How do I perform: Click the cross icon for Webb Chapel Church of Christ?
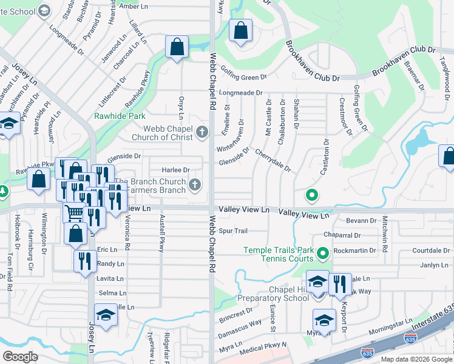tap(202, 132)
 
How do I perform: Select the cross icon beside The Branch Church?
tap(194, 184)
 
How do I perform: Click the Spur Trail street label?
tap(233, 231)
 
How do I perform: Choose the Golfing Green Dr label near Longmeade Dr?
tap(243, 77)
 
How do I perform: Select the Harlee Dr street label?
tap(175, 170)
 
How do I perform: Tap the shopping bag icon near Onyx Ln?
tap(177, 46)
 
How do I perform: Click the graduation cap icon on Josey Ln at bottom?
tap(106, 315)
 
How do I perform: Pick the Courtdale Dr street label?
tap(430, 250)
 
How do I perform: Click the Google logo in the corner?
tap(20, 357)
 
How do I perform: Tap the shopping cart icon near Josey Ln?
tap(74, 212)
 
